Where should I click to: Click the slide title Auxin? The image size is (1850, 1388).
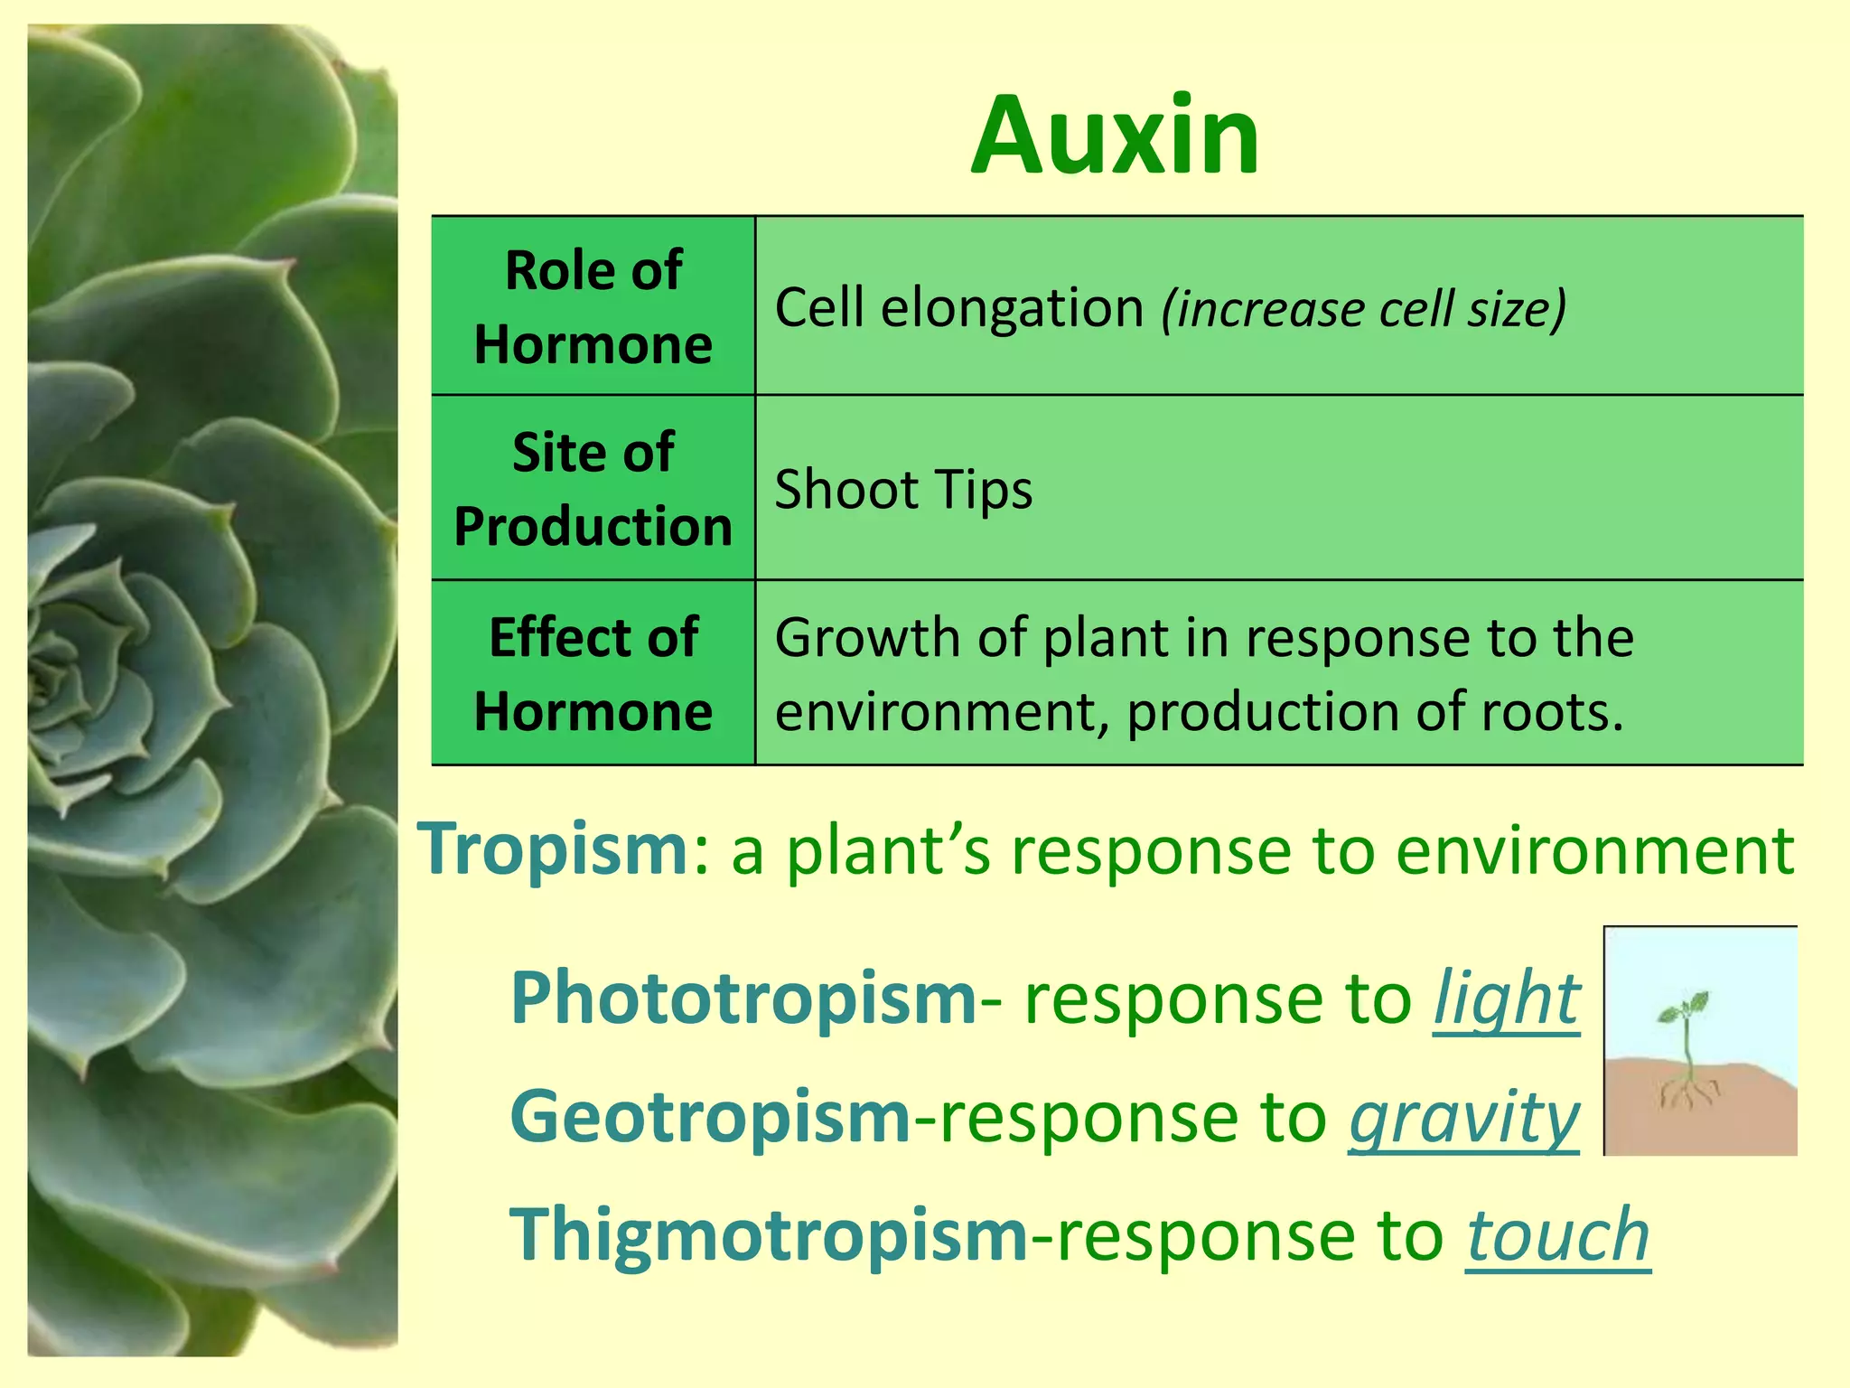click(1116, 137)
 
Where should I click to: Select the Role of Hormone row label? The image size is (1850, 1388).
click(593, 307)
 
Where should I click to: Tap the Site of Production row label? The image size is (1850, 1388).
click(593, 489)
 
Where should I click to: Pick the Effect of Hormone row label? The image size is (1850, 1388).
click(593, 674)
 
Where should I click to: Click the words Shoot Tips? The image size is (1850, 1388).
click(903, 490)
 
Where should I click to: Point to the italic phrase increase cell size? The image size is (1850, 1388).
click(1364, 309)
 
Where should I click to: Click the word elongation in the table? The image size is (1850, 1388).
click(1012, 309)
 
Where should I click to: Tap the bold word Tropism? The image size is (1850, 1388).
click(554, 849)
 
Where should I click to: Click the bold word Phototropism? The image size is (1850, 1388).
click(743, 999)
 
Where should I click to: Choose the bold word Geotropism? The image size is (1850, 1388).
click(711, 1118)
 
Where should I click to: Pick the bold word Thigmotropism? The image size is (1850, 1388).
click(769, 1235)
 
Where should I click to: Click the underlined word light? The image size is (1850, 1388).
click(1507, 999)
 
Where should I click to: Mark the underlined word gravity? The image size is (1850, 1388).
click(1464, 1119)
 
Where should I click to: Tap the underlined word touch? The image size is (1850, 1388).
click(1558, 1236)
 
